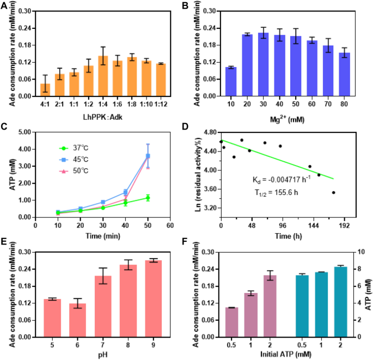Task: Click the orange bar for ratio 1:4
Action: (x=103, y=76)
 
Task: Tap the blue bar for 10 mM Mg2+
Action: (x=231, y=82)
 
